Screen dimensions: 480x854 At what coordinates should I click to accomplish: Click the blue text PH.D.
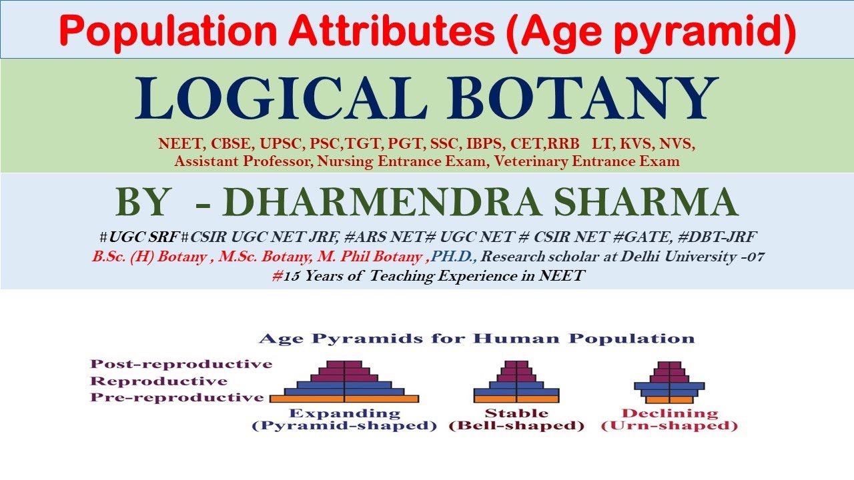click(454, 257)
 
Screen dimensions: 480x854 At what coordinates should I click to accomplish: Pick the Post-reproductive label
click(181, 364)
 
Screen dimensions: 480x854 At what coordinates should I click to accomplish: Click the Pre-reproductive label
click(177, 397)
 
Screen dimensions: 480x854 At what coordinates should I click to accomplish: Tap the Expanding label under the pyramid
click(344, 413)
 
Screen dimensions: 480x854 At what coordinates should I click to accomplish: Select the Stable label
click(516, 413)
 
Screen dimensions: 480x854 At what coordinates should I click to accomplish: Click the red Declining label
click(669, 413)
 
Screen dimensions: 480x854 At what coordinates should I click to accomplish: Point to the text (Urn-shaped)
click(669, 426)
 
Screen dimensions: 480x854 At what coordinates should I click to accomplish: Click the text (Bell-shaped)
click(516, 426)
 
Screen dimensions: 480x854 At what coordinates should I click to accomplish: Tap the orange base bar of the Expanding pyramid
click(344, 399)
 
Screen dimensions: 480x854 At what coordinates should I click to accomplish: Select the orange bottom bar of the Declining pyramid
click(669, 400)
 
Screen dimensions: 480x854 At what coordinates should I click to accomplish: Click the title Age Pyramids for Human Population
click(476, 339)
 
